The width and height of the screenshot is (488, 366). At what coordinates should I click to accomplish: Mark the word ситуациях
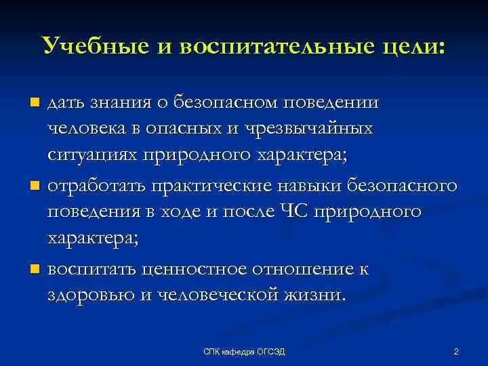pos(91,155)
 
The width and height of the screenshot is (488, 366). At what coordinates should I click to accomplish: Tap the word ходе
pos(187,211)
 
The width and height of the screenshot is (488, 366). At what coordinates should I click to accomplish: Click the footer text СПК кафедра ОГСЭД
pos(245,351)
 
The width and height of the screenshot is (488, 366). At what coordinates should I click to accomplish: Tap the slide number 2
pos(456,351)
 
